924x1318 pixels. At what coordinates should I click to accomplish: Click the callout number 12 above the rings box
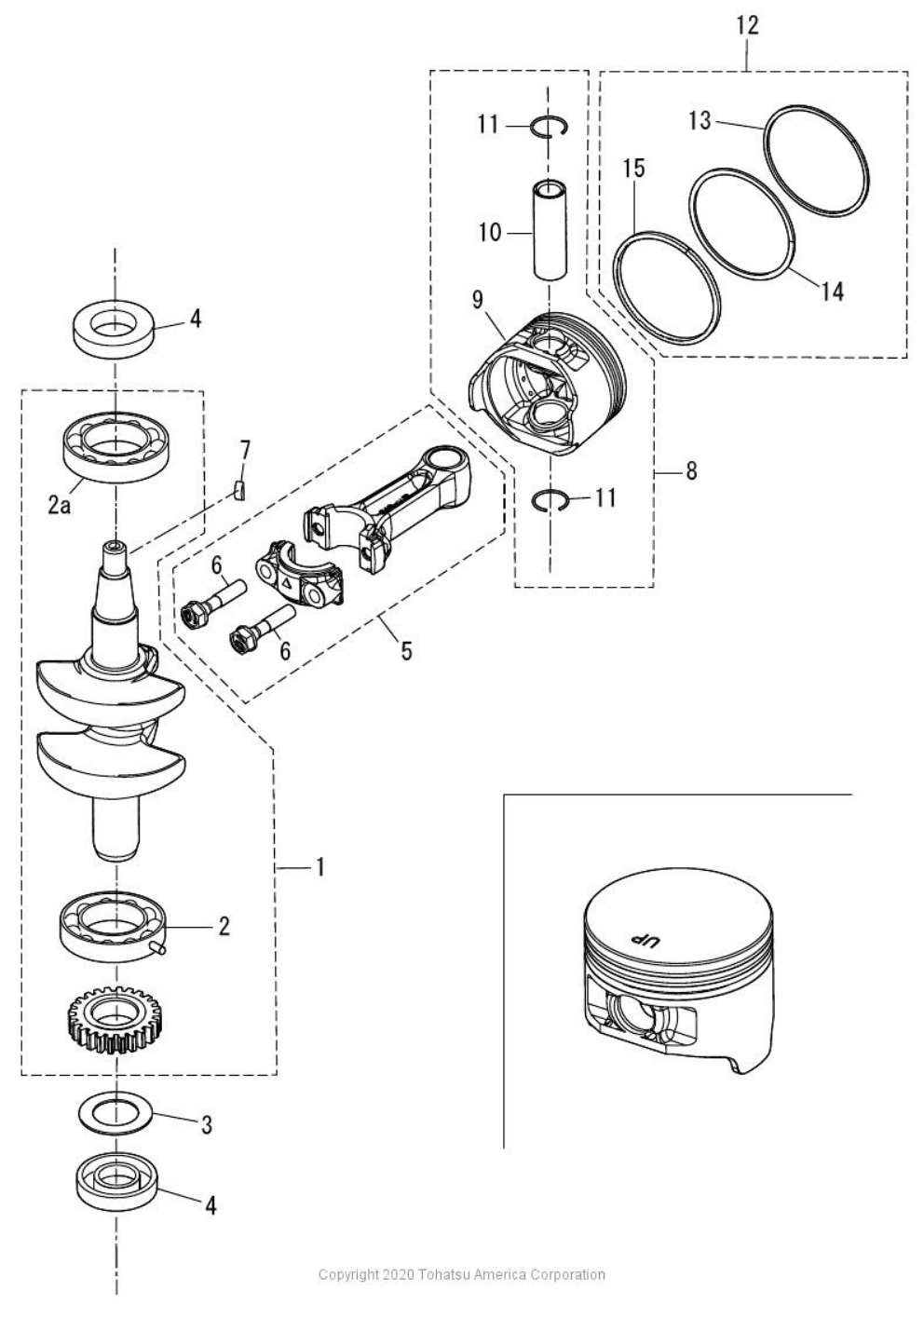(747, 25)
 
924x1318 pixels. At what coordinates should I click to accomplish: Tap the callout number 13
(700, 120)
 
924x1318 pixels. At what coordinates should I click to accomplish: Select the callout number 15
(633, 169)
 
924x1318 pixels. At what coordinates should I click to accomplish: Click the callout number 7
(244, 451)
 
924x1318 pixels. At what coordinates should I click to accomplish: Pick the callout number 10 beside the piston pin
(490, 232)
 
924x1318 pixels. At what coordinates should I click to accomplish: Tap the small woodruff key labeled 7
(239, 490)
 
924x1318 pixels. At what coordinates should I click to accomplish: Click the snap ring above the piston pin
(549, 127)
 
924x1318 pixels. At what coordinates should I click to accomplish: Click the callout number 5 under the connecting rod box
(406, 650)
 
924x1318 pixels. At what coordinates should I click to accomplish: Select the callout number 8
(690, 471)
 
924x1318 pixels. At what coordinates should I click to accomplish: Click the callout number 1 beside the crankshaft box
(319, 867)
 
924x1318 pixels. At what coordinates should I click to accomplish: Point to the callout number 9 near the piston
(478, 300)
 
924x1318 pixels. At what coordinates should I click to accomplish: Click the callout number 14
(832, 291)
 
